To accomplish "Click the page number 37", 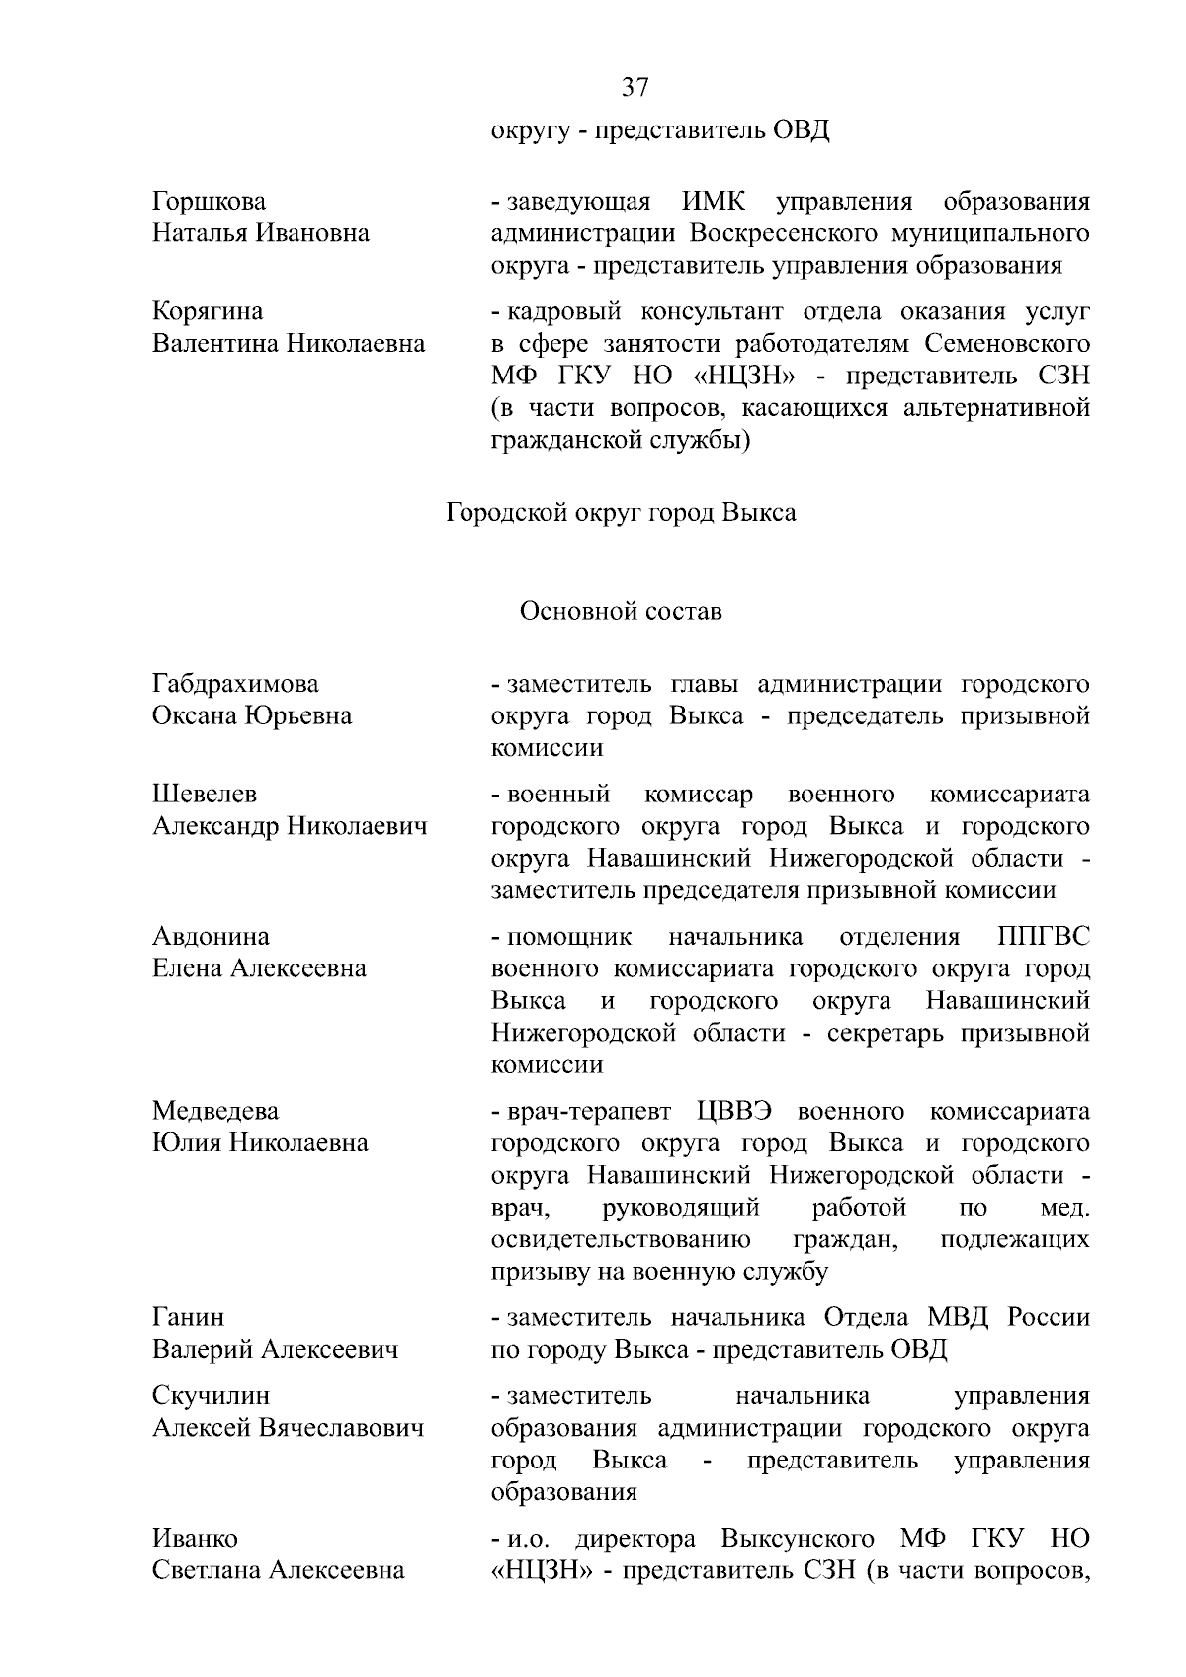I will click(635, 88).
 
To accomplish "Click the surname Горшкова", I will click(209, 202).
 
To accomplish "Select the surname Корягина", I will click(208, 311).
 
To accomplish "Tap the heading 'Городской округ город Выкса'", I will click(621, 514).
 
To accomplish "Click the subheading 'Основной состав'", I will click(621, 612).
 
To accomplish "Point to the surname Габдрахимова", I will click(235, 684).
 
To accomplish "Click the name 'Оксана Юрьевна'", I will click(252, 715).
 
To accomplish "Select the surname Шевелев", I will click(204, 795).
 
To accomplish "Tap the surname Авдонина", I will click(211, 936).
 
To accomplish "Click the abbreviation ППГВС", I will click(1044, 936).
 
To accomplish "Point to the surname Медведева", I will click(215, 1111).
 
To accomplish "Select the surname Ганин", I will click(188, 1317).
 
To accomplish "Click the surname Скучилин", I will click(211, 1396).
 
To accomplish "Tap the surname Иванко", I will click(195, 1539).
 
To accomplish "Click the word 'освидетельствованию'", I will click(620, 1239).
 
